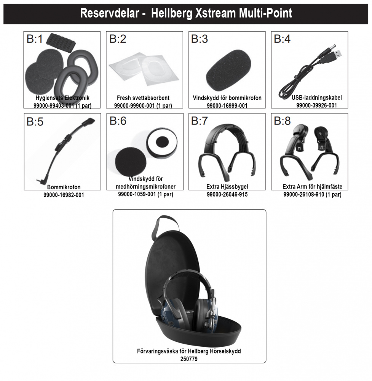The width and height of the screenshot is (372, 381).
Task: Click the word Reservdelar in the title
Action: tap(110, 13)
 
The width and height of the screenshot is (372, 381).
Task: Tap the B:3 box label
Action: tap(200, 39)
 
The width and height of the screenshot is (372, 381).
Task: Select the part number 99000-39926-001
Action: tap(316, 105)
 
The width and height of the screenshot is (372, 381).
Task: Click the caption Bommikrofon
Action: tap(64, 187)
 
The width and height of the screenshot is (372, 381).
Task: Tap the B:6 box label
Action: tap(118, 121)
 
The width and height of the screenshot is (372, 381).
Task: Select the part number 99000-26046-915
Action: tap(227, 194)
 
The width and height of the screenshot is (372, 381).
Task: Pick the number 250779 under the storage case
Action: tap(189, 359)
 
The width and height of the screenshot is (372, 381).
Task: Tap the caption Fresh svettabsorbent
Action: tap(143, 98)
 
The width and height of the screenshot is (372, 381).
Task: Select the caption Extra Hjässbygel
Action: tap(227, 187)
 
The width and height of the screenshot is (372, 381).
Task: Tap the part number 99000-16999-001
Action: tap(227, 106)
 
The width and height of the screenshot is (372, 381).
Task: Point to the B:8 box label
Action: tap(282, 121)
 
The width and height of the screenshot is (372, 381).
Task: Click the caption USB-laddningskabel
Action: tap(317, 98)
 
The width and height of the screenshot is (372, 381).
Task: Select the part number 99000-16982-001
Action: tap(64, 195)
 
